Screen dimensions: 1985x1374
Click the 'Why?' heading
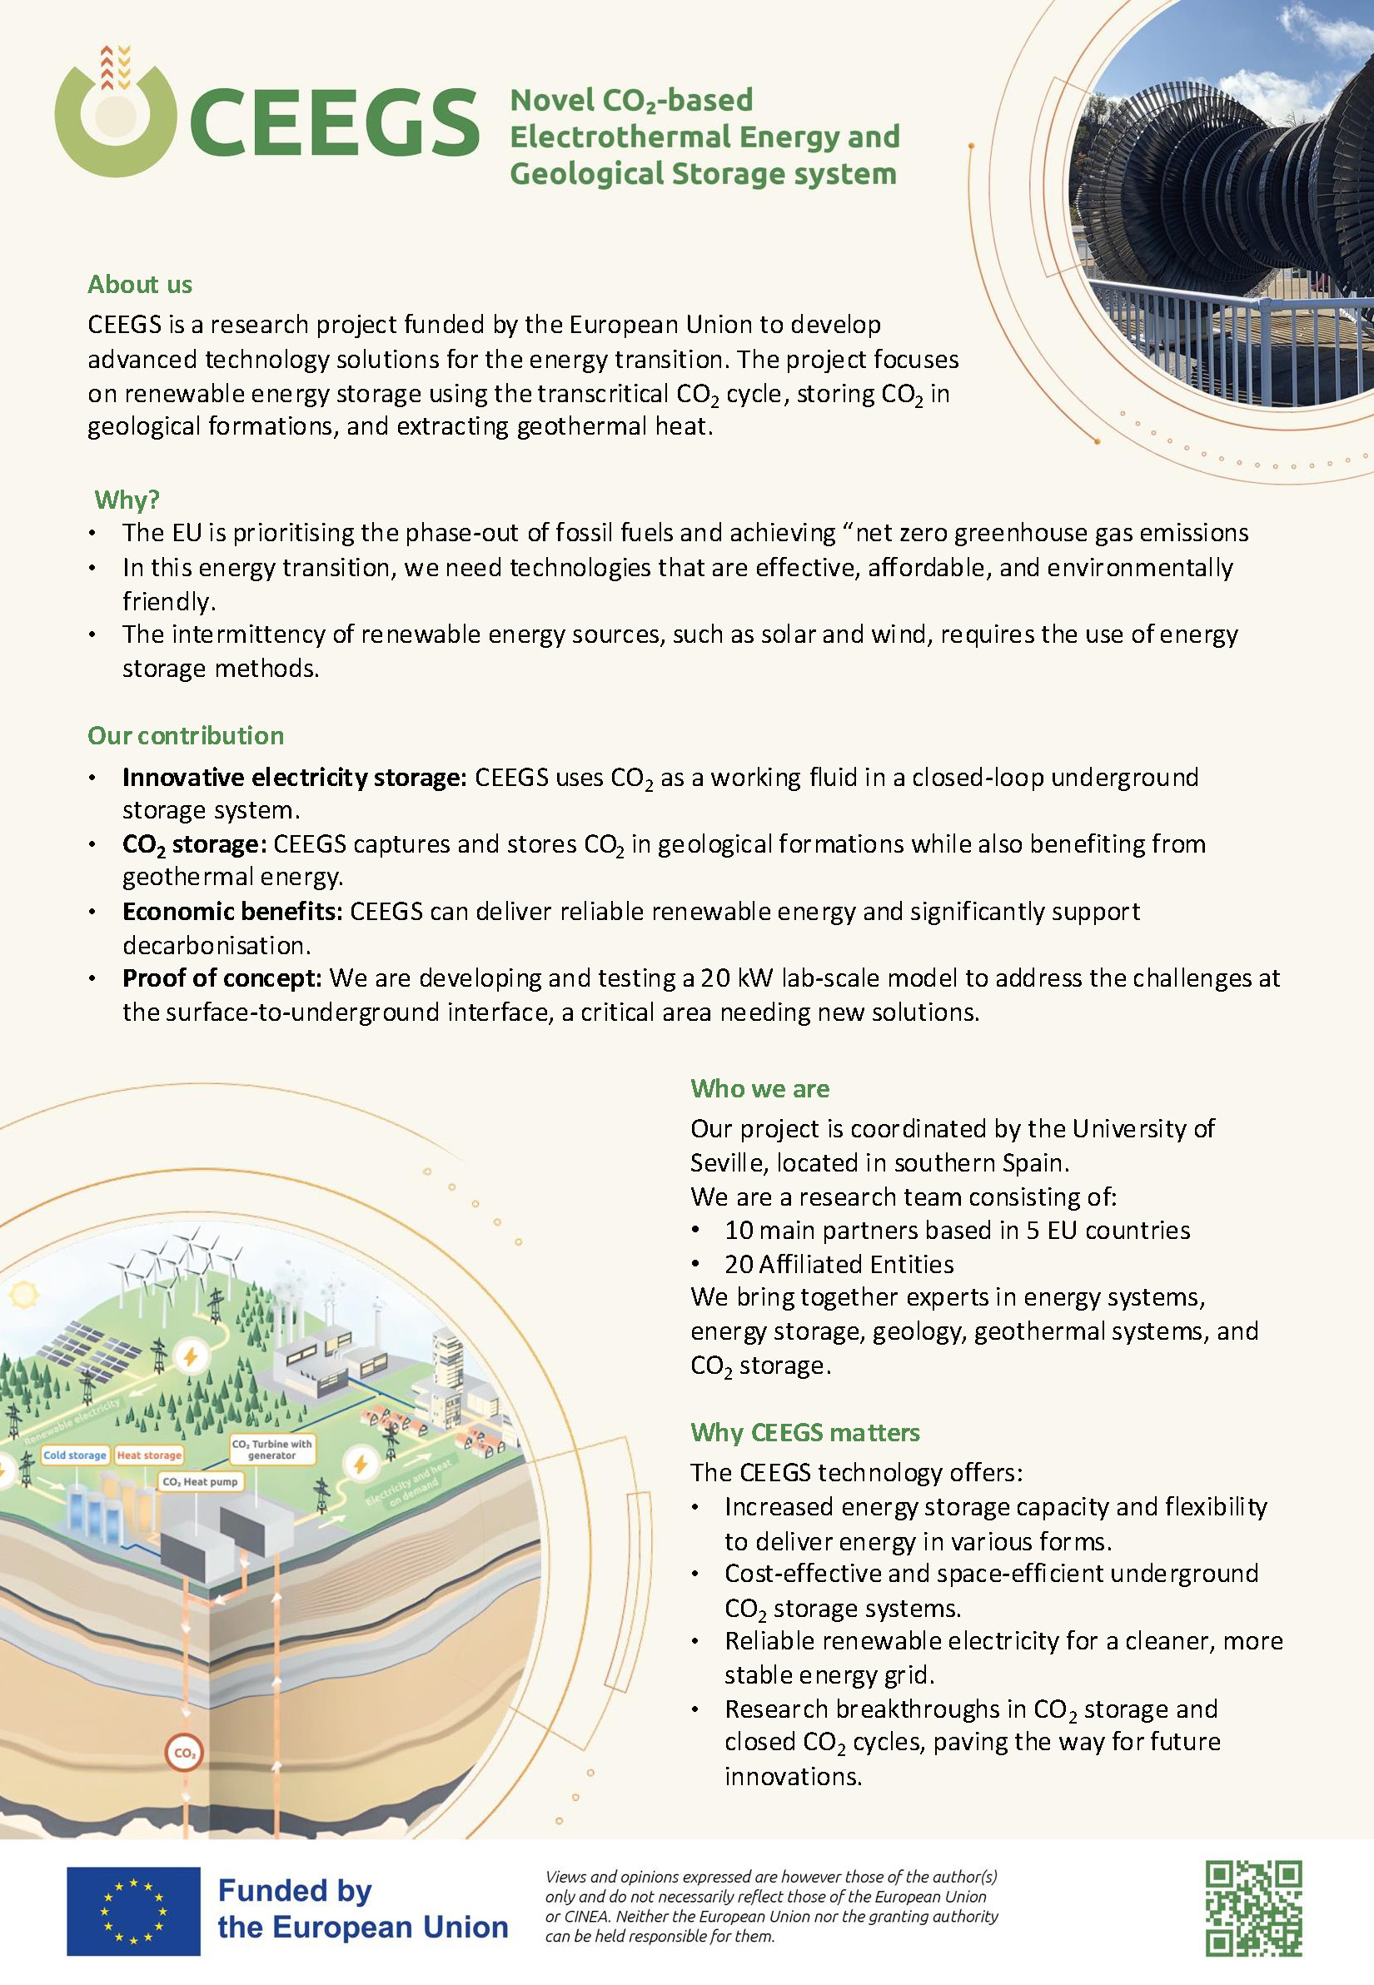coord(127,500)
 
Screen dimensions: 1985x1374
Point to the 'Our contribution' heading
coord(186,735)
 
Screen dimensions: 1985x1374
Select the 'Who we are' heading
coord(759,1088)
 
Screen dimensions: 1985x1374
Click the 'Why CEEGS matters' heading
coord(805,1432)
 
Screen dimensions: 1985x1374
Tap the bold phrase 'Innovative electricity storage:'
coord(295,778)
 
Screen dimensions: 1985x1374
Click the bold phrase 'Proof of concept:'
coord(222,978)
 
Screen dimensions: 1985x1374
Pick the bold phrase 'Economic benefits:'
coord(232,911)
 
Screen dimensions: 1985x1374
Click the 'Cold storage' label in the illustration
coord(75,1455)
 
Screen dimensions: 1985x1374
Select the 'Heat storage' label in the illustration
coord(149,1455)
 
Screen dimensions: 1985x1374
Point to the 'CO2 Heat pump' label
coord(200,1482)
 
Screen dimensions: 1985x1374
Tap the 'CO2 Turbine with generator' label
coord(272,1450)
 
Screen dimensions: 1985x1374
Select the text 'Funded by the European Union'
coord(362,1908)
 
